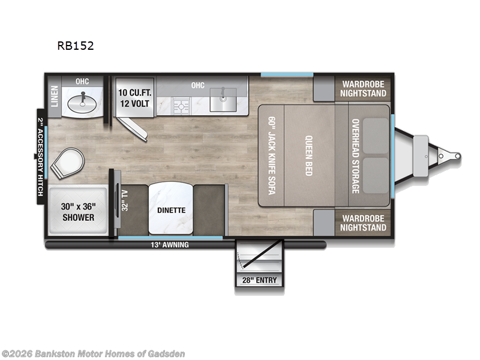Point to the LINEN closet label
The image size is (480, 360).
(55, 95)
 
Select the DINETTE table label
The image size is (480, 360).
(171, 211)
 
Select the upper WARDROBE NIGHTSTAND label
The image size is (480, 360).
(363, 89)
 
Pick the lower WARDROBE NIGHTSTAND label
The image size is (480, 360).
(363, 223)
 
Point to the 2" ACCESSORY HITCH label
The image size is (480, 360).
(41, 156)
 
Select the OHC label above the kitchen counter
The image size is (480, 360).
(198, 85)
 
